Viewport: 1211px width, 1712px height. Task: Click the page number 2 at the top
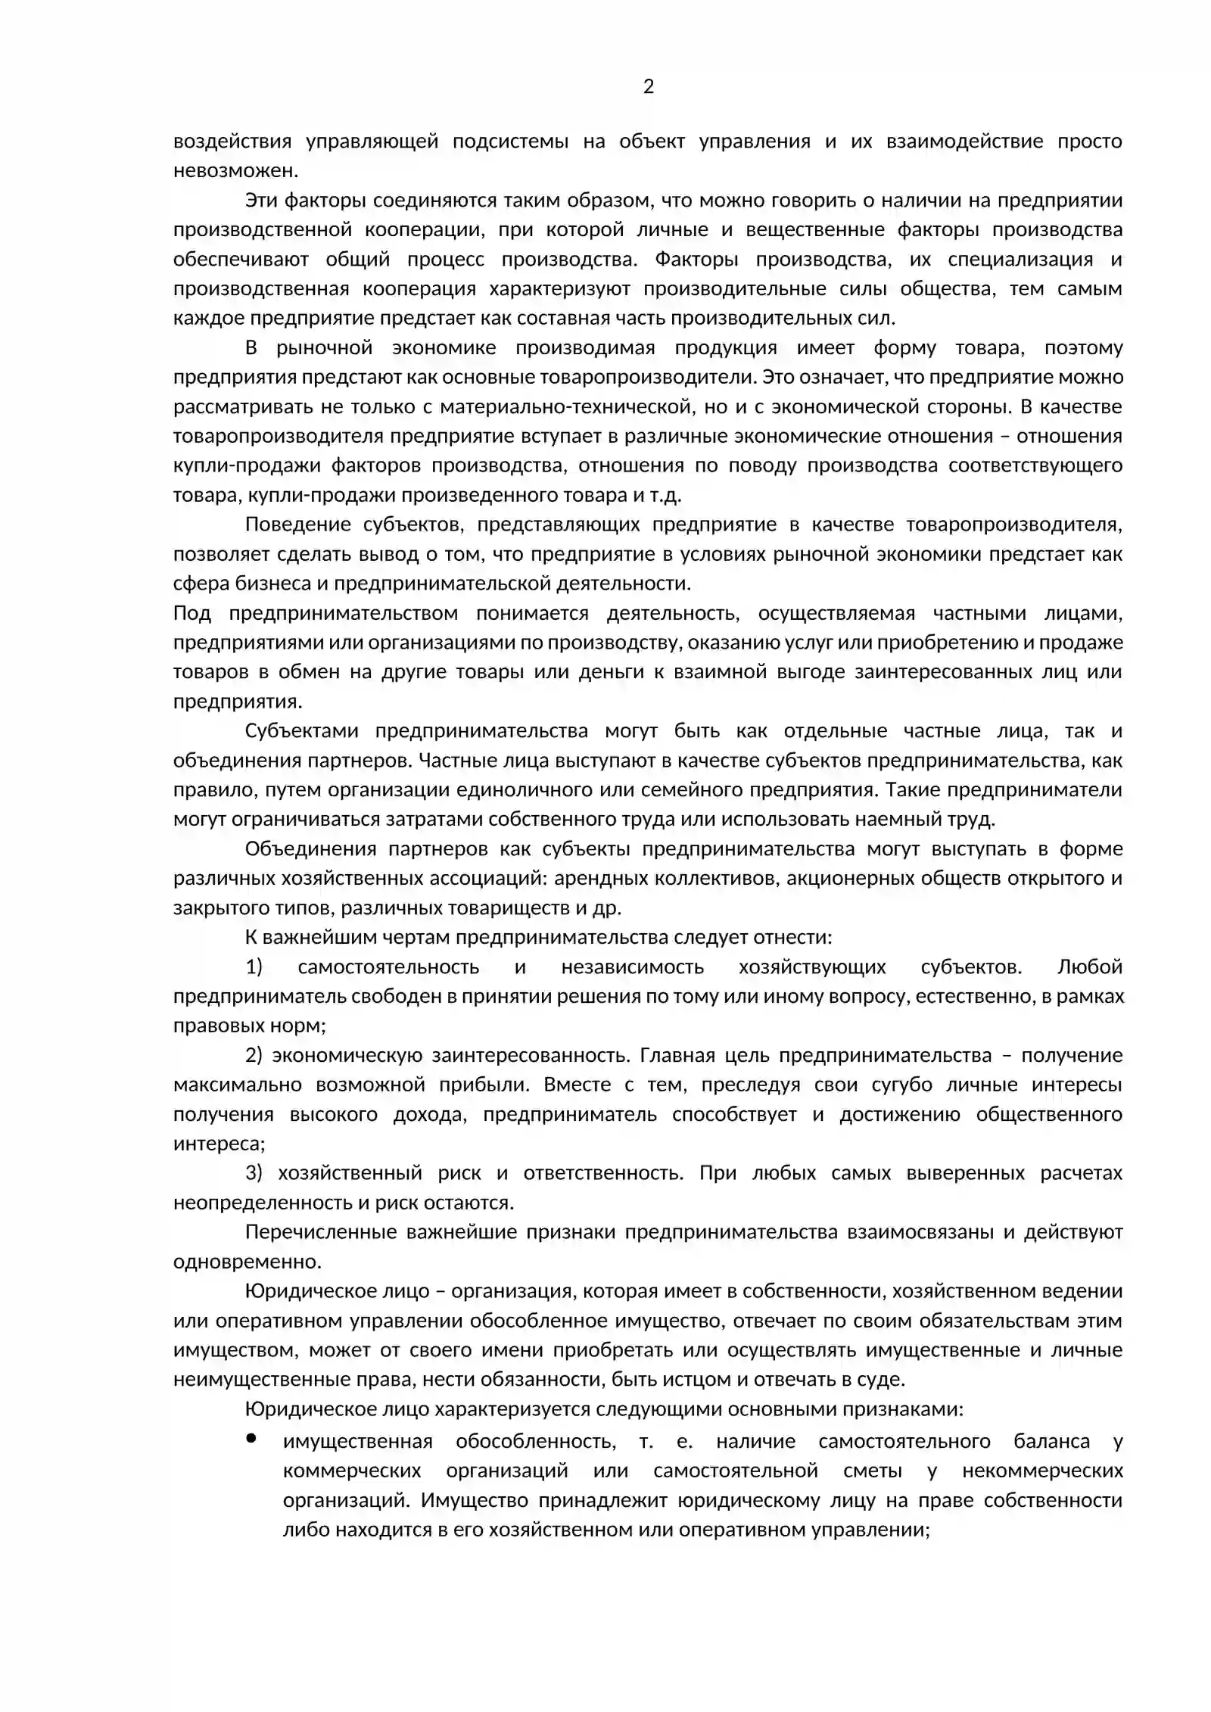pyautogui.click(x=648, y=87)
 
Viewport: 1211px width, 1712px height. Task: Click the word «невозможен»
pyautogui.click(x=235, y=170)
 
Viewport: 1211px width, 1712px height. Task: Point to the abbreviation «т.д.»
pyautogui.click(x=665, y=495)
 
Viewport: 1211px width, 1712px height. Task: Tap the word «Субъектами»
pyautogui.click(x=301, y=730)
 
